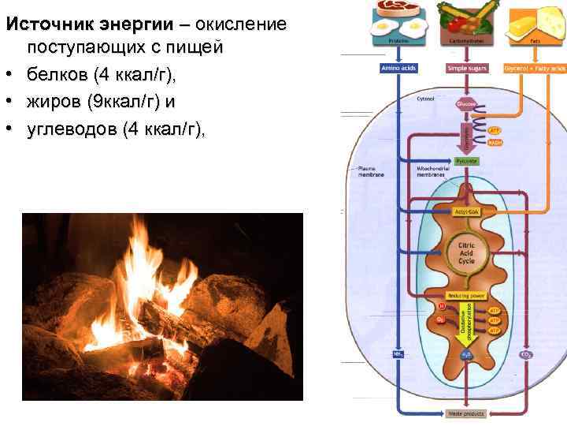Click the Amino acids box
coord(399,69)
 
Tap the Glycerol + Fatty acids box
coord(535,69)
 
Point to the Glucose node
coord(465,103)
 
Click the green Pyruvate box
coord(466,161)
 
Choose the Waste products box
coord(465,413)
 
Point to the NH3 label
coord(398,354)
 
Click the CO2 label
coord(525,354)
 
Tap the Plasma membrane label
coord(370,171)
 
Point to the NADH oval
coord(495,143)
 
